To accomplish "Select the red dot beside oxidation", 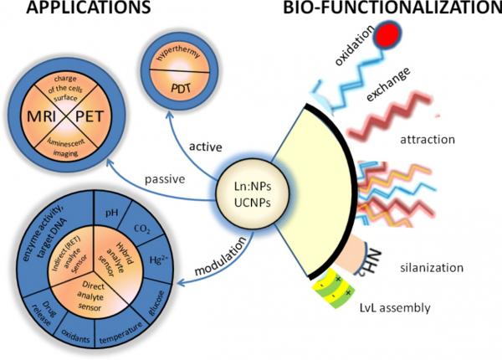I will click(387, 34).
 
